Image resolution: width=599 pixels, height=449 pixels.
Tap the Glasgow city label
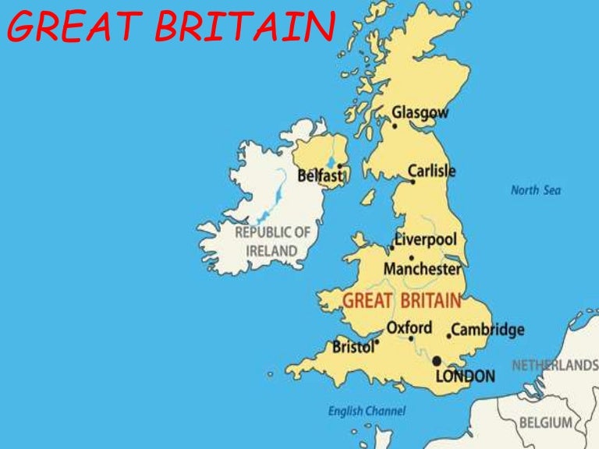tap(420, 113)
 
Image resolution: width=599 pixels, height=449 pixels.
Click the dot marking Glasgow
tap(395, 126)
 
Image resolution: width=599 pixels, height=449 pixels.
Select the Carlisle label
tap(431, 171)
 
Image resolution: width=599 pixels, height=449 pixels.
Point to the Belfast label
tap(320, 176)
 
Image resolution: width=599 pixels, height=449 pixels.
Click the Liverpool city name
tap(426, 239)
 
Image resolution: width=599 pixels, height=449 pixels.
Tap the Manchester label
tap(422, 269)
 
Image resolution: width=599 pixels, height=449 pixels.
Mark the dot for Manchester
tap(411, 258)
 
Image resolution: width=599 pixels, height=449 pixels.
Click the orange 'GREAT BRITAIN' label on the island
tap(402, 301)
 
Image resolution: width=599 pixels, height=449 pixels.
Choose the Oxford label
tap(409, 327)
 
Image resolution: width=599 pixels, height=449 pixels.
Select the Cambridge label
tap(488, 330)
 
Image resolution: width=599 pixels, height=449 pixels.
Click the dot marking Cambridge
tap(449, 336)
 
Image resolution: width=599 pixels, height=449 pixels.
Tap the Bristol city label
tap(353, 347)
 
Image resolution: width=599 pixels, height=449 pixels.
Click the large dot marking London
tap(437, 361)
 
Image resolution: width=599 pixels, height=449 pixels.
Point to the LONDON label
tap(465, 377)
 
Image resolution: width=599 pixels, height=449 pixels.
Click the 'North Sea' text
tap(535, 190)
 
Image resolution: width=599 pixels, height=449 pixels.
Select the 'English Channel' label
tap(367, 411)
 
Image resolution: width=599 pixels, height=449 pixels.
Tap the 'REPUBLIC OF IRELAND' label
tap(272, 242)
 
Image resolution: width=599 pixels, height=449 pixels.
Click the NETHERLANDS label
tap(555, 366)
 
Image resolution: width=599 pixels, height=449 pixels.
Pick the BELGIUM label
tap(545, 423)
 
